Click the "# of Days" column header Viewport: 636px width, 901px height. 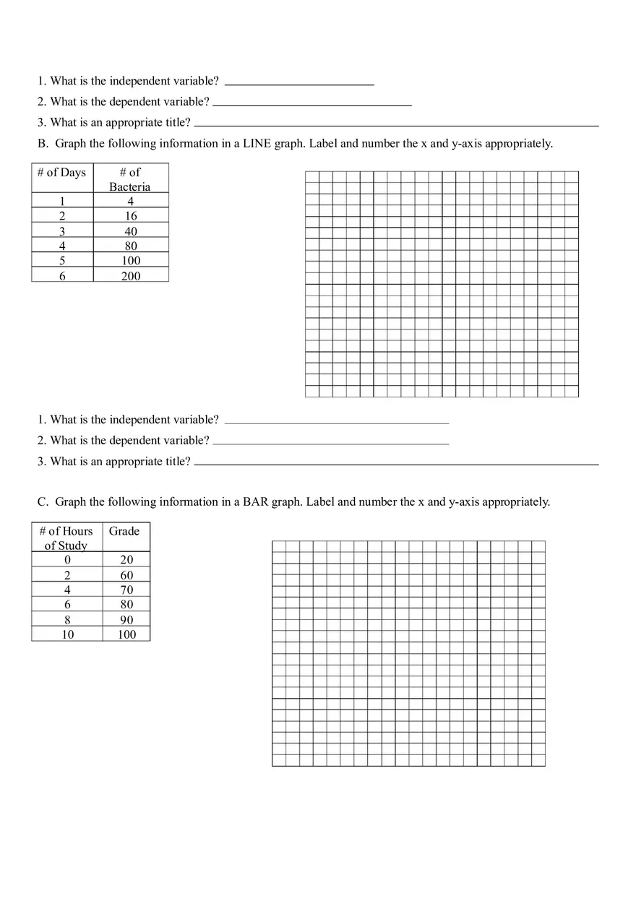tap(62, 173)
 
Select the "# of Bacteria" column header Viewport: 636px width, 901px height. tap(130, 179)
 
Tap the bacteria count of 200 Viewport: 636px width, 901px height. tap(131, 276)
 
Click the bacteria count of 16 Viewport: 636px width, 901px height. tap(131, 216)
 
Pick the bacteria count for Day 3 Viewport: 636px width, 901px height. tap(131, 231)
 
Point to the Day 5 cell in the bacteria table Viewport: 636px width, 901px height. tap(62, 261)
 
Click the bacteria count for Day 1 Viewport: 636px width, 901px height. tap(131, 202)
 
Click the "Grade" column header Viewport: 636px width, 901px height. tap(124, 532)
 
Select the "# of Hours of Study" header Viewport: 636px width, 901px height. tap(66, 538)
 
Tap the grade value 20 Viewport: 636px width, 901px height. tap(126, 560)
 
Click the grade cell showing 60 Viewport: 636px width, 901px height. tap(126, 575)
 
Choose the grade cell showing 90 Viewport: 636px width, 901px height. tap(126, 620)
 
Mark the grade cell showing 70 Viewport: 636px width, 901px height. tap(126, 590)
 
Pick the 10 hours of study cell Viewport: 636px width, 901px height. tap(67, 635)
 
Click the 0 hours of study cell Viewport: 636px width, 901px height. tap(67, 560)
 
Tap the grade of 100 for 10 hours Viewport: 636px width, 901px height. tap(126, 635)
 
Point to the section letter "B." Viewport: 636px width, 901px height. tap(43, 144)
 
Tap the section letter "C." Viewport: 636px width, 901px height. tap(43, 502)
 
